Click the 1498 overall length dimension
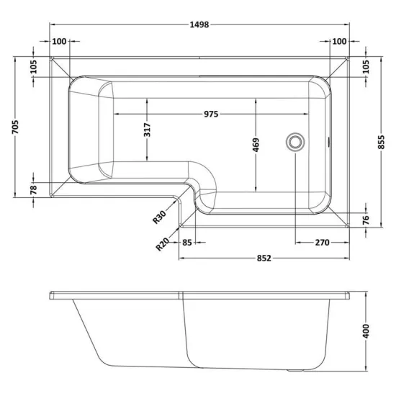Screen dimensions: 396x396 point(199,24)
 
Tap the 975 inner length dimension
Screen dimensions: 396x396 point(211,114)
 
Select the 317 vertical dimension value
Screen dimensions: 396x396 point(147,130)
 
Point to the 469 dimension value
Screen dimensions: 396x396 point(256,145)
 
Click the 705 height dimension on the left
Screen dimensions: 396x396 point(15,127)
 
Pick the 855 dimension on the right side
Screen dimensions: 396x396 point(382,142)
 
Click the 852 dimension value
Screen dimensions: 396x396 point(264,258)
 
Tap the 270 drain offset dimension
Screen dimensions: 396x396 point(323,243)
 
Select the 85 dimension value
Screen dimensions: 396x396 point(187,243)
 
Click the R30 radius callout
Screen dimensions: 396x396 point(160,217)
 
